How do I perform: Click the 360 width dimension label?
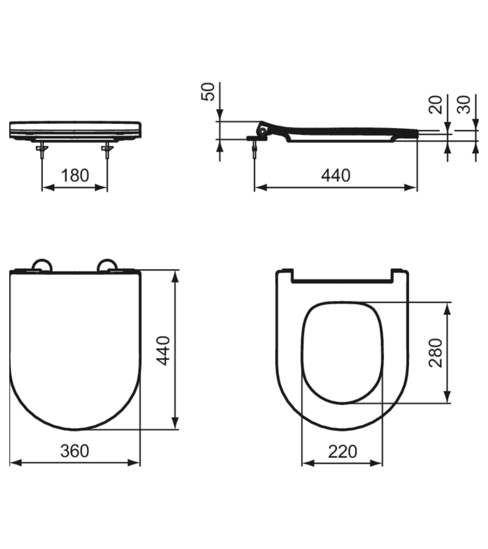75,451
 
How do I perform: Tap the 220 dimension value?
342,451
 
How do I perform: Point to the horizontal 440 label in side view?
336,175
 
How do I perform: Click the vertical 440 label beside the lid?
163,350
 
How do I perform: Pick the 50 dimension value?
208,91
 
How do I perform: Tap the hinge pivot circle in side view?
263,131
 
